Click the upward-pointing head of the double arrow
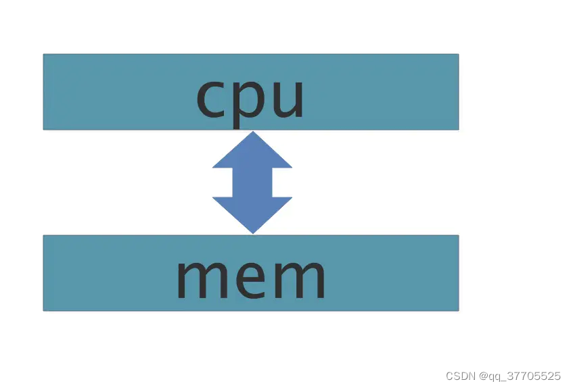tap(252, 152)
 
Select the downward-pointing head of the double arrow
tap(252, 213)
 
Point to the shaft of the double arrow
tap(252, 183)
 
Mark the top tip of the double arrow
tap(252, 132)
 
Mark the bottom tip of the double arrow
tap(252, 233)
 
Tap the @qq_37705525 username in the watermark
tap(520, 376)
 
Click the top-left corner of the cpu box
tap(44, 55)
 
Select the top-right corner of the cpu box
tap(458, 55)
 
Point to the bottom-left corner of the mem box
tap(44, 310)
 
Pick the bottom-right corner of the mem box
tap(458, 310)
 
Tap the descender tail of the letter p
tap(237, 123)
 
